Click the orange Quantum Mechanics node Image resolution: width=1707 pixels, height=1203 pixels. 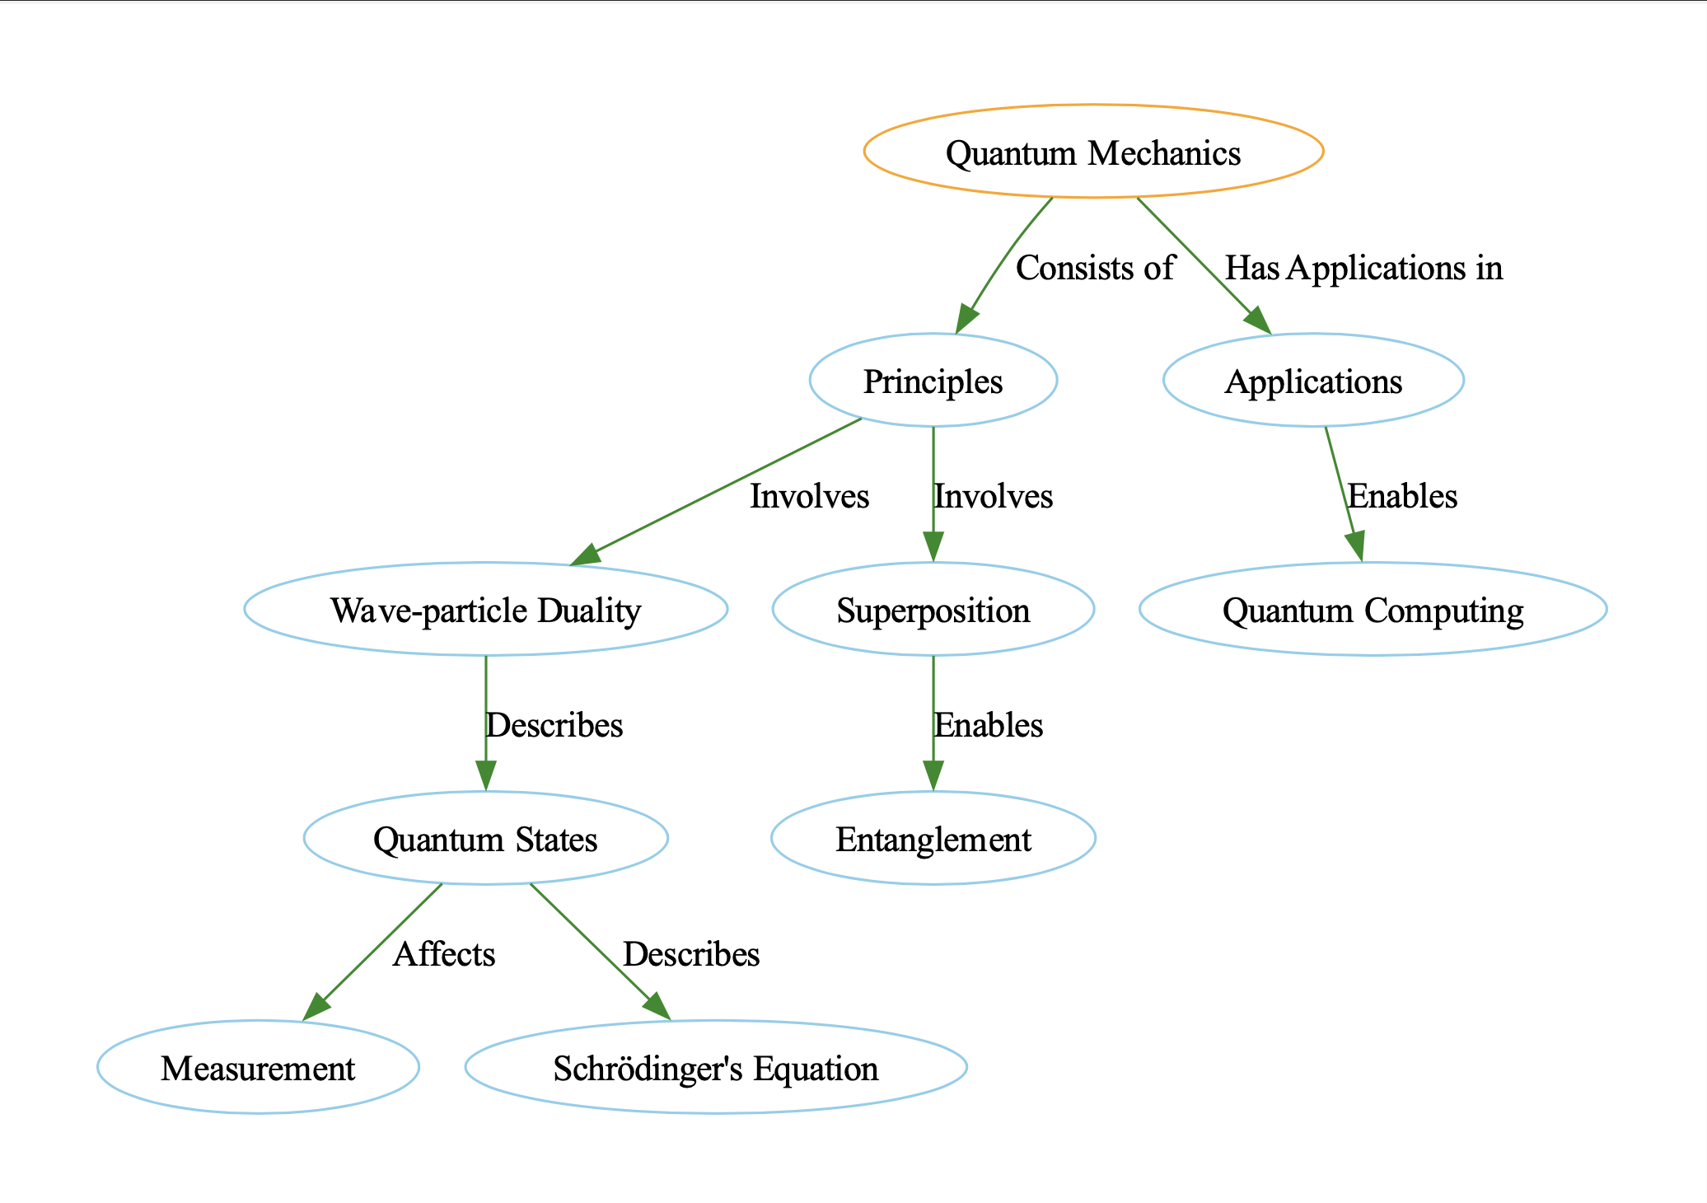(1093, 152)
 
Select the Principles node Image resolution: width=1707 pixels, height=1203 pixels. (933, 381)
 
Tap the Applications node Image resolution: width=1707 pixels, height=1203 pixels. (1313, 381)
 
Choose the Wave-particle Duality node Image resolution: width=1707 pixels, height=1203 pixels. (485, 610)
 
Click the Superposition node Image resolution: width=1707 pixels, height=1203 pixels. (933, 610)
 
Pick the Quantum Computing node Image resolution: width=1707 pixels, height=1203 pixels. (1373, 610)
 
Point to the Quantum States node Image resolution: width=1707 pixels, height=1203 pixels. (485, 839)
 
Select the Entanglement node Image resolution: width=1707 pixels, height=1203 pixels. (933, 839)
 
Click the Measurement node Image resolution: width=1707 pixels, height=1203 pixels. (258, 1068)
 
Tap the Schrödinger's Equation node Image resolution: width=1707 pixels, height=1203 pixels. (715, 1068)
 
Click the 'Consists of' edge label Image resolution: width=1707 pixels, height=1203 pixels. (1094, 269)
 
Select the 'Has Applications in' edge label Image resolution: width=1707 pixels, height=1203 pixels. (1363, 269)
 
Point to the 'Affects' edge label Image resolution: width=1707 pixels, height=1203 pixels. (444, 954)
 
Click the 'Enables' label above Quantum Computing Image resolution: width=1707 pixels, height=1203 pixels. (1401, 496)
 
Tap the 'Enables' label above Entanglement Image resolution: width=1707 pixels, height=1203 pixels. (988, 725)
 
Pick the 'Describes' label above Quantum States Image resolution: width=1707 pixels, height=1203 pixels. (554, 725)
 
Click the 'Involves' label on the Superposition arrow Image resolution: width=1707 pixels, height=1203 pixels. (993, 496)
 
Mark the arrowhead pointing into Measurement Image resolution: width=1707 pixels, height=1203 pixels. (316, 1008)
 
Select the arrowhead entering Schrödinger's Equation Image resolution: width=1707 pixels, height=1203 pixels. (657, 1007)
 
